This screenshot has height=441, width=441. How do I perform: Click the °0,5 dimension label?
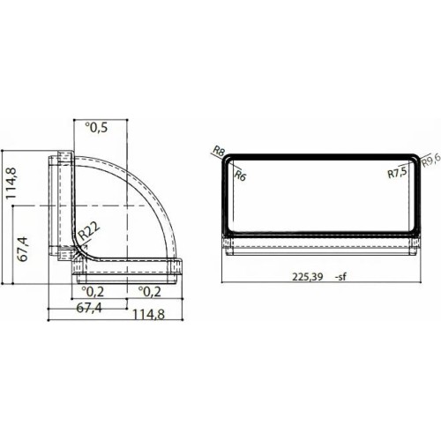point(97,129)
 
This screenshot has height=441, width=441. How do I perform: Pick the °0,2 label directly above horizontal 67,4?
point(94,290)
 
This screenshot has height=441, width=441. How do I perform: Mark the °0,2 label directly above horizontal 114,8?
point(147,290)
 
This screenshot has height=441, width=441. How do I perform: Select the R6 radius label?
point(240,176)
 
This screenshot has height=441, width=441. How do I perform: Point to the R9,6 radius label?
point(430,159)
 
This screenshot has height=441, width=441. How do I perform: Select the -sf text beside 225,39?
point(345,276)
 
